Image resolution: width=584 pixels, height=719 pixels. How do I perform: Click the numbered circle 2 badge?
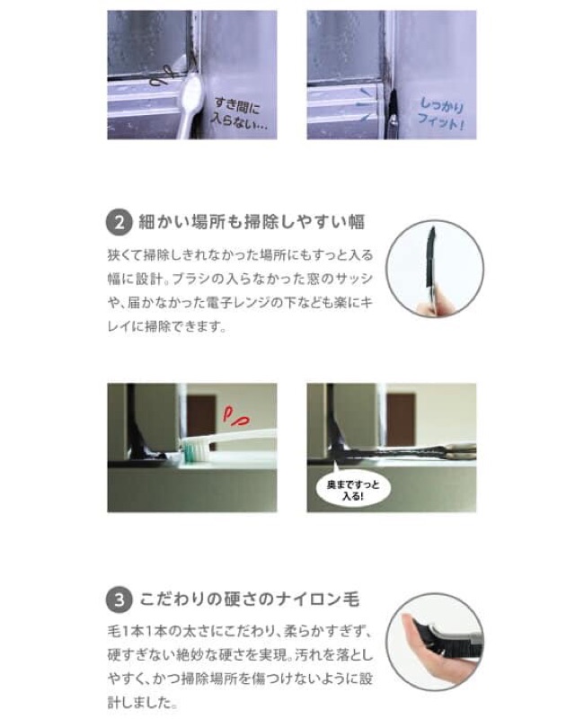click(x=119, y=222)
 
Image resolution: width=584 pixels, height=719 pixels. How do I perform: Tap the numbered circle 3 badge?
click(x=119, y=599)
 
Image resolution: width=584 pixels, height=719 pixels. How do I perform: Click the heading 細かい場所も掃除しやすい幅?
click(x=252, y=222)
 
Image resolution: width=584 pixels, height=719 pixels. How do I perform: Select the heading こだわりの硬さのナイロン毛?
click(x=249, y=599)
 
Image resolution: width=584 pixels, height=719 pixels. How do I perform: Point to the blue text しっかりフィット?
click(x=441, y=114)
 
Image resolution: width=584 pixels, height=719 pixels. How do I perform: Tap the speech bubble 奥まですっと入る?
click(x=353, y=490)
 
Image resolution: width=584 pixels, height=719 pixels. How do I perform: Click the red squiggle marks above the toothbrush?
click(x=236, y=415)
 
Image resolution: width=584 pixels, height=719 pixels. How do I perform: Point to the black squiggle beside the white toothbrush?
click(x=163, y=76)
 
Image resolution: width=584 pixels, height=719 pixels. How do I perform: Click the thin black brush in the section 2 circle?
click(x=430, y=257)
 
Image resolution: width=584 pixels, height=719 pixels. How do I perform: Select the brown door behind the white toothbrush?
click(x=200, y=417)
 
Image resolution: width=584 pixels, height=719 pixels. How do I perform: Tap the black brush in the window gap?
click(x=392, y=111)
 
